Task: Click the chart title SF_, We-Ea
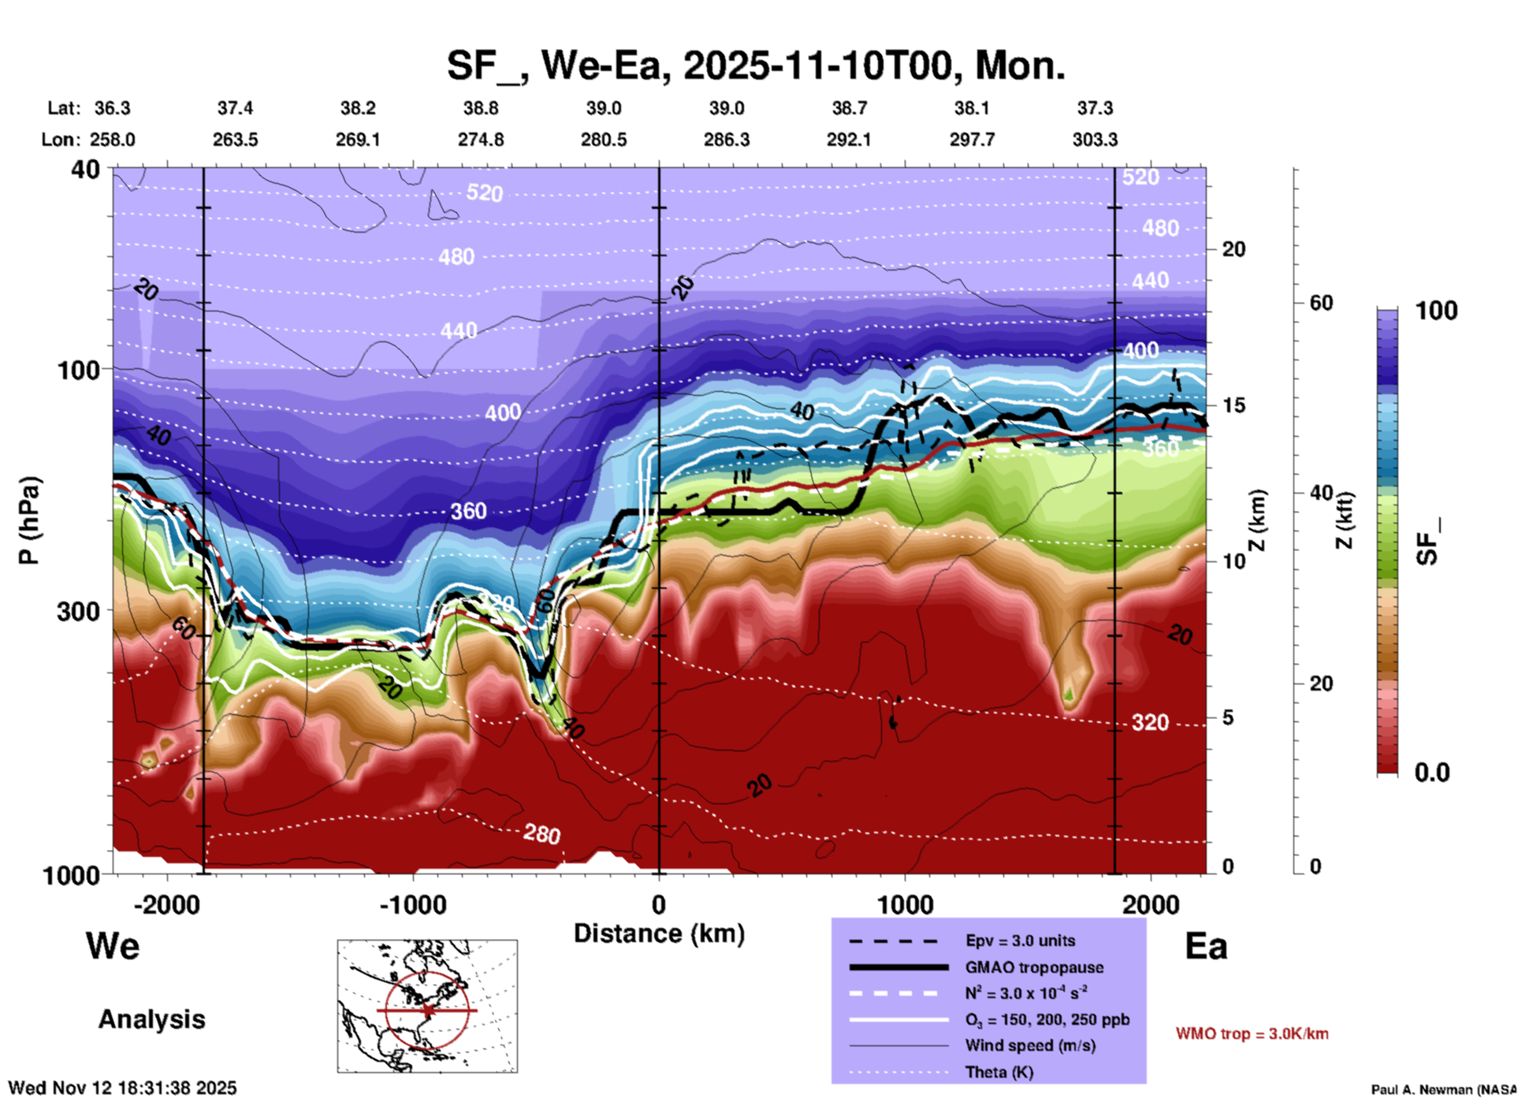point(755,66)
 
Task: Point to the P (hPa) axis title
point(29,520)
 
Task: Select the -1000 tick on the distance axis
point(412,904)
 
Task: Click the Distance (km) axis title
point(659,933)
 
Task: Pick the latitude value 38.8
point(480,108)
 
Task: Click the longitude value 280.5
point(604,140)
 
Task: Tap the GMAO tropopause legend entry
point(1034,967)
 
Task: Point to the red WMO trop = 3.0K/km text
point(1252,1034)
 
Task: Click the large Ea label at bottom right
point(1206,947)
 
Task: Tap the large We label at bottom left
point(113,945)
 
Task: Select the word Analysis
point(151,1019)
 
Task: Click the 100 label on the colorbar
point(1436,311)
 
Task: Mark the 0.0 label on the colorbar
point(1431,773)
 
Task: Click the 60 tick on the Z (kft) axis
point(1321,303)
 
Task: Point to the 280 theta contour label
point(541,833)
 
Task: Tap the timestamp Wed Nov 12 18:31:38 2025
point(122,1088)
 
